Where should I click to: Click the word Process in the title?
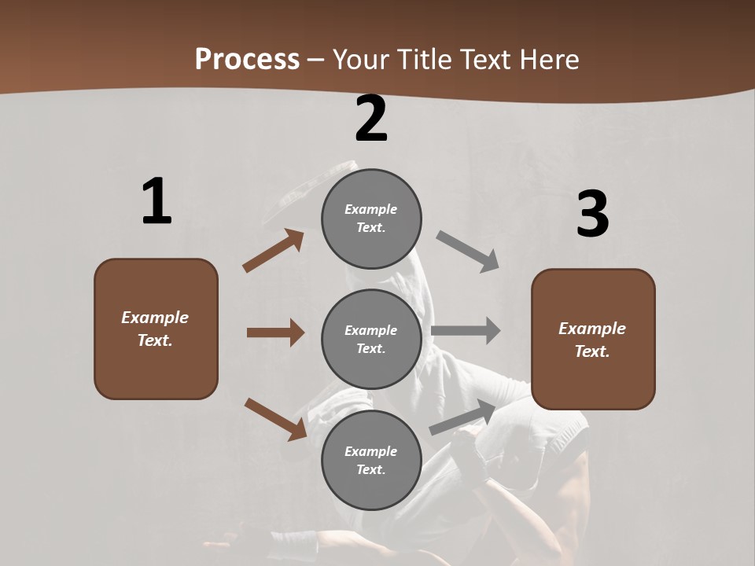[x=247, y=60]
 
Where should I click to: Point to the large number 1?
[x=157, y=202]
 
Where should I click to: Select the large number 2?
[x=371, y=119]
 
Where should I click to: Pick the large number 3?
[x=592, y=214]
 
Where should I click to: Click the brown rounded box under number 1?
[x=156, y=329]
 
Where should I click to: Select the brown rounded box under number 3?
[x=593, y=339]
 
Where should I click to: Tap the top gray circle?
[x=371, y=219]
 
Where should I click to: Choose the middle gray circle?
[x=371, y=339]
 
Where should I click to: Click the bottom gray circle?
[x=371, y=460]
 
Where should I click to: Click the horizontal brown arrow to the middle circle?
[x=275, y=333]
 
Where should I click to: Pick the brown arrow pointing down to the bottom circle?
[x=275, y=419]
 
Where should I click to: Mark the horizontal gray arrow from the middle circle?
[x=466, y=331]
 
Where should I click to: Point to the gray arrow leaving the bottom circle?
[x=462, y=417]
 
